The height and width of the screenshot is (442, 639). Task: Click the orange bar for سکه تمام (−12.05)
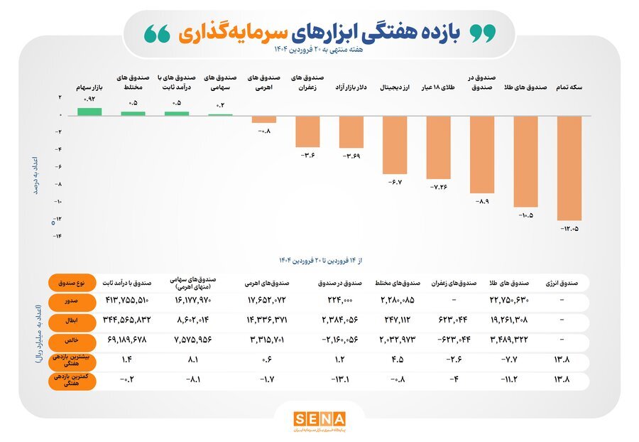pos(569,168)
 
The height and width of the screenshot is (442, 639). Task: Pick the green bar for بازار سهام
pos(89,112)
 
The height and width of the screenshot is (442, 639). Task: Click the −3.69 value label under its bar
pos(351,155)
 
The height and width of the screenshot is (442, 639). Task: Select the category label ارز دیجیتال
pos(394,87)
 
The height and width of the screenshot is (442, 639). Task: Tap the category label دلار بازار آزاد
pos(351,87)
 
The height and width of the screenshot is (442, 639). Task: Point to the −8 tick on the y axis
pos(60,183)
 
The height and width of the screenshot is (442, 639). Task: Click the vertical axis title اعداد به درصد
pos(35,171)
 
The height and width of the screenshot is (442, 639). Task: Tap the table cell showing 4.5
pos(398,360)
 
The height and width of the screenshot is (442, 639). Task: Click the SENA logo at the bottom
pos(319,419)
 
